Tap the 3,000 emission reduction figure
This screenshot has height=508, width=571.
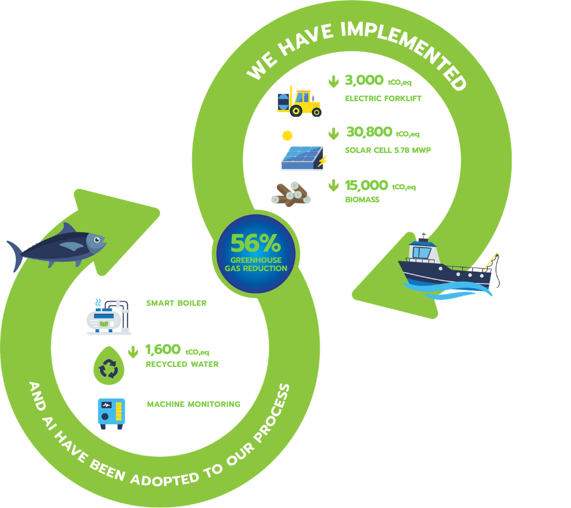point(364,81)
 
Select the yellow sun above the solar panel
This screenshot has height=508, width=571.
point(287,136)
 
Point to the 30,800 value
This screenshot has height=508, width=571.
point(369,132)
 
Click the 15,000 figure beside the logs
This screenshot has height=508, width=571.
point(367,185)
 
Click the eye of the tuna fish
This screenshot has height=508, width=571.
point(99,239)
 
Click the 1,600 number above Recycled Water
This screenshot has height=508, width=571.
point(163,350)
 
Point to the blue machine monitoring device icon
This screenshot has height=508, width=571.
point(111,413)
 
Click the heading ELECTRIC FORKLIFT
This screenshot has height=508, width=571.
point(383,98)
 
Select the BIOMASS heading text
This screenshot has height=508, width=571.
point(362,200)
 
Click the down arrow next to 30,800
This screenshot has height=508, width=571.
point(333,134)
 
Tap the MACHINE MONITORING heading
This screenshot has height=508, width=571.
point(193,404)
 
